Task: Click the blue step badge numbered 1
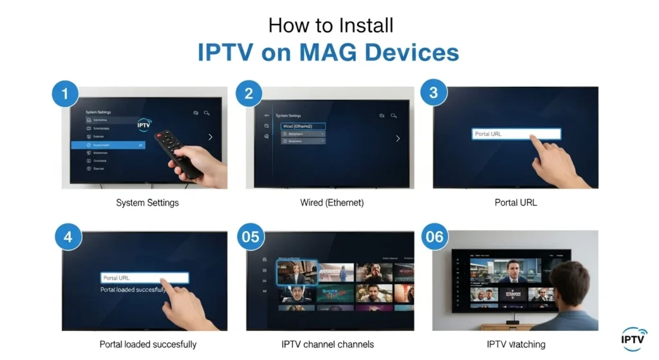click(64, 95)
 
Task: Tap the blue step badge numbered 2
click(248, 95)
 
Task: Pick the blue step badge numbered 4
click(68, 238)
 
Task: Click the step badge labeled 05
click(250, 237)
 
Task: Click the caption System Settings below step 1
click(147, 203)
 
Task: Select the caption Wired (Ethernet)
click(331, 203)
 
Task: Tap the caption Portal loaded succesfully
click(148, 344)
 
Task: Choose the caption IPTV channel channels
click(328, 344)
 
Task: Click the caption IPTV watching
click(515, 344)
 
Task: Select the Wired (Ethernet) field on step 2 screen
click(303, 127)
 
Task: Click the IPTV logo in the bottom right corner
click(635, 337)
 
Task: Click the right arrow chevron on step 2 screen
click(398, 138)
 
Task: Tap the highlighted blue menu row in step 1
click(108, 146)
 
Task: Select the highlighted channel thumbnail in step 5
click(297, 272)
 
